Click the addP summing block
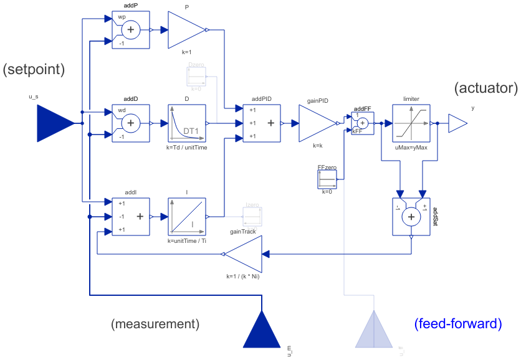coord(130,29)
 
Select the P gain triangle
coord(186,29)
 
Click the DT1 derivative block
coord(186,123)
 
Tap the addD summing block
coord(130,123)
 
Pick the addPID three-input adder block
coord(261,123)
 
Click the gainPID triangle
coord(317,123)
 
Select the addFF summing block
coord(361,123)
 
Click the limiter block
coord(411,123)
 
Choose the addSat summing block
coord(411,217)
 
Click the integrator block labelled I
coord(186,217)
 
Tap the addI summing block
coord(130,217)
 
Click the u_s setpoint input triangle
coord(55,123)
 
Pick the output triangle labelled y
coord(457,123)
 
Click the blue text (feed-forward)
coord(458,324)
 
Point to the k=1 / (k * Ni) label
coord(242,277)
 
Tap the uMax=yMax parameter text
coord(411,148)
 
